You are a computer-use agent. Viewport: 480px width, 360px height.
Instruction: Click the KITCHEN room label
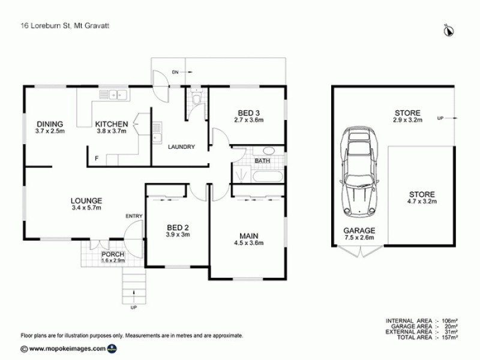click(111, 124)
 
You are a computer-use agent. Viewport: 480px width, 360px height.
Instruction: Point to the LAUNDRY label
click(181, 146)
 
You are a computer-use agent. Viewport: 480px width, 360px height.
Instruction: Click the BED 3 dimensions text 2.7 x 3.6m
click(249, 120)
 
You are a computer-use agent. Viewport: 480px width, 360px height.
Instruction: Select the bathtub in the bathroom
click(268, 176)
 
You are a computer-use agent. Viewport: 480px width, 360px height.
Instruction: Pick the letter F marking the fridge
click(97, 158)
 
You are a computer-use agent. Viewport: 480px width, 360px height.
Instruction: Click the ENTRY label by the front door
click(133, 216)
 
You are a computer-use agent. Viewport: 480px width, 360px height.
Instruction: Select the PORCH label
click(112, 254)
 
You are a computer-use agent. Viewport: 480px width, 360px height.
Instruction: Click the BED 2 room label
click(178, 227)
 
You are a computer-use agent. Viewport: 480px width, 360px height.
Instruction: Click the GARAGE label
click(359, 230)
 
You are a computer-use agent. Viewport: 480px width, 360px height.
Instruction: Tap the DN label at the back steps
click(175, 72)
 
